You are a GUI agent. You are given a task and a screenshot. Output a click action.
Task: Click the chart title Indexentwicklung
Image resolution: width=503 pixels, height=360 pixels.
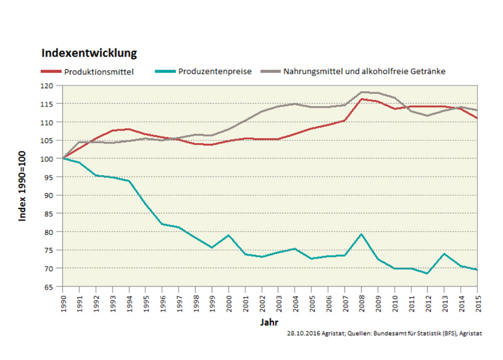click(x=89, y=53)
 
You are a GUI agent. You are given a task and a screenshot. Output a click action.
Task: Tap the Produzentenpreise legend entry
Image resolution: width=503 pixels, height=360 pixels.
click(x=214, y=72)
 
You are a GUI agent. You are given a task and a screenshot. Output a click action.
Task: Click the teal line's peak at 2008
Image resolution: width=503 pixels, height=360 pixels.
click(x=362, y=234)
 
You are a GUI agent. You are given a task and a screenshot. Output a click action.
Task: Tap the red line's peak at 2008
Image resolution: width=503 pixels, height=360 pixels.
click(x=362, y=99)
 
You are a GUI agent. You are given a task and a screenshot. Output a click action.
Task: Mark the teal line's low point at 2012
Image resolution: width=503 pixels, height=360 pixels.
click(x=428, y=273)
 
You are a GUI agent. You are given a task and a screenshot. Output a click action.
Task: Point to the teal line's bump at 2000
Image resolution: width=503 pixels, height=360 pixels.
click(x=229, y=236)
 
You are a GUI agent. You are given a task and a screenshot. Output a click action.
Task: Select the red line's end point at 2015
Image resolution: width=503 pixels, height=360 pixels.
click(x=477, y=118)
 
